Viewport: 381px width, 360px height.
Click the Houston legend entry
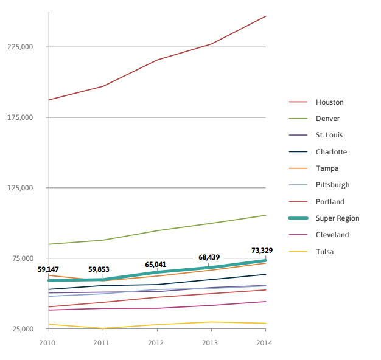pos(329,102)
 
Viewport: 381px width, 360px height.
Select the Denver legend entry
pos(327,119)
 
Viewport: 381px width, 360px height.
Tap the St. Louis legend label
pos(329,135)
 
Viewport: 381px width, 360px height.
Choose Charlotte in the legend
pos(331,152)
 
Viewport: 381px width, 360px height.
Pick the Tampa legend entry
pos(327,168)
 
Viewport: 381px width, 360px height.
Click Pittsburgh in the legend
pos(332,185)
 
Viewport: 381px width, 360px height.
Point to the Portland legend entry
pos(330,202)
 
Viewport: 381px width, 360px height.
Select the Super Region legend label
pos(337,218)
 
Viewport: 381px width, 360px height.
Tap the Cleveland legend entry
pos(332,235)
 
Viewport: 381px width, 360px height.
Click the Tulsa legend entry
pos(324,251)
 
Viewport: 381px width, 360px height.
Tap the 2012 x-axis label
pos(156,344)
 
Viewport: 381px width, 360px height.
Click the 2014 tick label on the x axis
pos(265,344)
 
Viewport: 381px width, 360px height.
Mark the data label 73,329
pos(262,251)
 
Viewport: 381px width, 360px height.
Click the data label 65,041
pos(155,265)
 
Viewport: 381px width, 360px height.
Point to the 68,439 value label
pos(209,257)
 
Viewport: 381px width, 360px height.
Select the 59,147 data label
pos(48,269)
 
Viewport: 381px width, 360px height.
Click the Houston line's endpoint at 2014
pos(266,16)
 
